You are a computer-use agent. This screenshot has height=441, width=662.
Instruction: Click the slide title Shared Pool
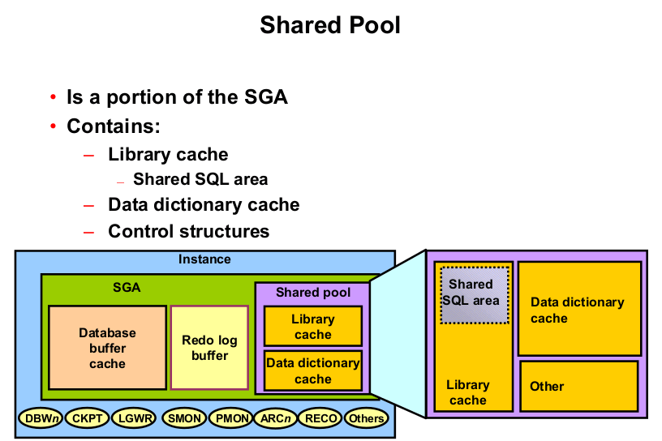pyautogui.click(x=330, y=25)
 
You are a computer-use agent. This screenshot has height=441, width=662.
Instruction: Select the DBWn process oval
pyautogui.click(x=40, y=418)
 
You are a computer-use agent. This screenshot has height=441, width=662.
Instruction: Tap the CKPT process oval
pyautogui.click(x=87, y=418)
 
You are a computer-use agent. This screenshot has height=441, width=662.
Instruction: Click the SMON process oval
pyautogui.click(x=184, y=418)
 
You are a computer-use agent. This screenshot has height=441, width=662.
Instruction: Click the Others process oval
pyautogui.click(x=366, y=418)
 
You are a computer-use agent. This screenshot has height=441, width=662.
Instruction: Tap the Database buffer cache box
pyautogui.click(x=107, y=348)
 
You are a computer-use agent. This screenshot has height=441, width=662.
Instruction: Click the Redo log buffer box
pyautogui.click(x=209, y=348)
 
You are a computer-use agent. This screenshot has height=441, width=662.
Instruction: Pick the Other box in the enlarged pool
pyautogui.click(x=578, y=386)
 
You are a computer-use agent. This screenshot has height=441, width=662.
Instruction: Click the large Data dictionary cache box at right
pyautogui.click(x=578, y=309)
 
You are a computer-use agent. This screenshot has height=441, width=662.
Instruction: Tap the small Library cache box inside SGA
pyautogui.click(x=312, y=327)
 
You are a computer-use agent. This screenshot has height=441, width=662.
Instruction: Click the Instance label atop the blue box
pyautogui.click(x=204, y=259)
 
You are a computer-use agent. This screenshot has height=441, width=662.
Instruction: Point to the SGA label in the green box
pyautogui.click(x=127, y=287)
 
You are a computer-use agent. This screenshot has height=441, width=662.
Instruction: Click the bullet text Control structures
pyautogui.click(x=188, y=231)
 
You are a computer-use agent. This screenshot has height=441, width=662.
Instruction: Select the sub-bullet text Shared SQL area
pyautogui.click(x=200, y=179)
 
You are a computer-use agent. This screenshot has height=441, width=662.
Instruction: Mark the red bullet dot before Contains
pyautogui.click(x=53, y=127)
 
